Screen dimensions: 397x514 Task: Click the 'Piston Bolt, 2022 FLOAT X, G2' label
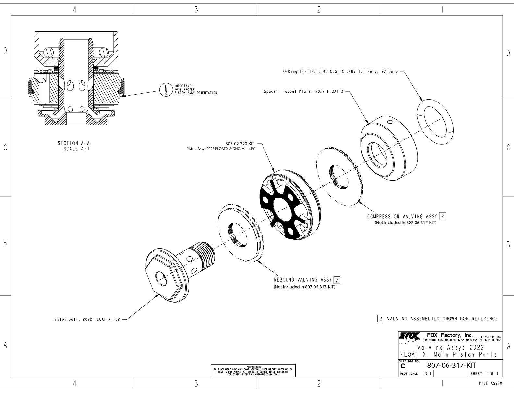(x=86, y=319)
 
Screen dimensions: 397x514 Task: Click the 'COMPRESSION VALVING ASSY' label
(x=402, y=216)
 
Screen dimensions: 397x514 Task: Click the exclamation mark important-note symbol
(x=166, y=90)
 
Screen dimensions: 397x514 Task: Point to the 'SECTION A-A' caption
(x=72, y=143)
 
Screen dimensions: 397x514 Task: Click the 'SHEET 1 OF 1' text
(x=484, y=374)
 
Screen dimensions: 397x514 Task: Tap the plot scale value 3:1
(x=428, y=374)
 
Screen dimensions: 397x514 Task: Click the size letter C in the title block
(x=403, y=366)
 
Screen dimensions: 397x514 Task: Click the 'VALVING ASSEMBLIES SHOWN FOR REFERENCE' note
(x=442, y=319)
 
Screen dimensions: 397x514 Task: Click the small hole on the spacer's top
(x=390, y=122)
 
